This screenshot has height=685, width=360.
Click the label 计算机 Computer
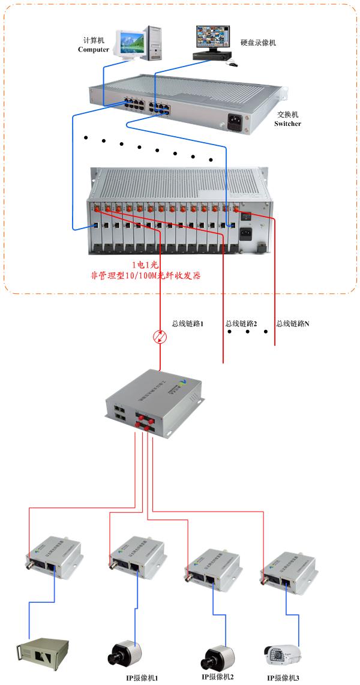pos(94,44)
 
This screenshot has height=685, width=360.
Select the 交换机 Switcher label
pos(287,119)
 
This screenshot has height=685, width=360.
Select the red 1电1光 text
pos(146,265)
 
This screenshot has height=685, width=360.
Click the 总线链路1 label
pos(188,324)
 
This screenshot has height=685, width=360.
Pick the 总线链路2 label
pos(241,324)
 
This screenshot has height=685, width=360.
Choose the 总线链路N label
pos(293,324)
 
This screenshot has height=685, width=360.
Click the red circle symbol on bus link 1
pos(160,337)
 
